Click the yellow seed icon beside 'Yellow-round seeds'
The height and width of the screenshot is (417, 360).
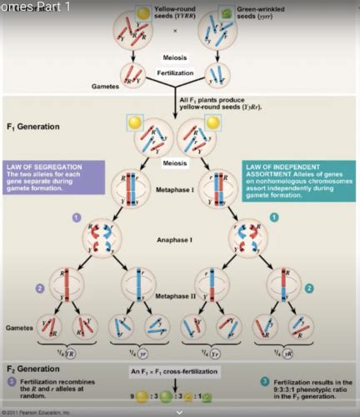[143, 14]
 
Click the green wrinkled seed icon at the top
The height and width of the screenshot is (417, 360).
[224, 14]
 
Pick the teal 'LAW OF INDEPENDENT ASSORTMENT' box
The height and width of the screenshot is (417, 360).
[297, 180]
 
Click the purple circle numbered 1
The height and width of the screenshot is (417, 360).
[77, 217]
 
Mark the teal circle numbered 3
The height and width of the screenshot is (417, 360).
[264, 381]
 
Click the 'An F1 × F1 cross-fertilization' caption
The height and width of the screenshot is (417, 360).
[180, 370]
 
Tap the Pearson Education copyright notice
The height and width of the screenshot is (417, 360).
[37, 412]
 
